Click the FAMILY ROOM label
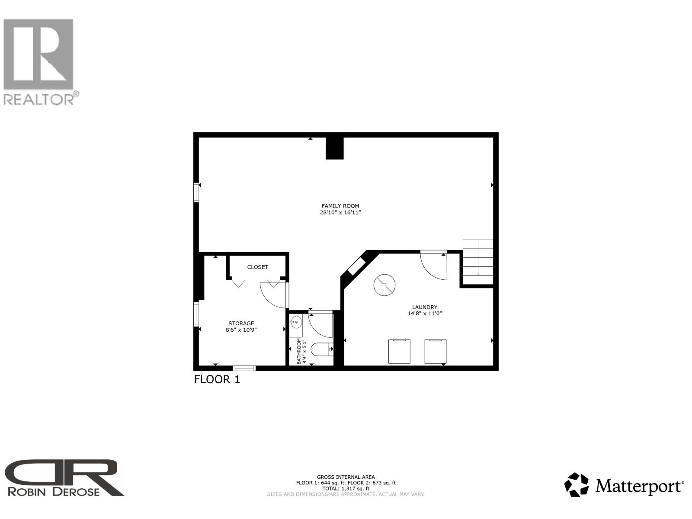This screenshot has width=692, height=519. point(340,206)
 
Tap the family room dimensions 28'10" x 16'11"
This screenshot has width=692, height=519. point(340,213)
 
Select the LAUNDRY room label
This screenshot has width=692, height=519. point(424,307)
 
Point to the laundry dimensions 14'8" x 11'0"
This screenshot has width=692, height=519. point(424,314)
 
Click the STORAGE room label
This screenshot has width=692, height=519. point(241,323)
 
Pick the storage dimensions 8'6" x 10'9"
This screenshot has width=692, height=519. point(241,330)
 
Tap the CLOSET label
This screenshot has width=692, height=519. point(257,267)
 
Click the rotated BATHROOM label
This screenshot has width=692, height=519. point(299,351)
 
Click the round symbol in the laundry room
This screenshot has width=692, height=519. point(384,285)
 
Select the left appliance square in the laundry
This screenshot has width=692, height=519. point(399,351)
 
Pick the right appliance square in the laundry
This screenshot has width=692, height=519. point(435,351)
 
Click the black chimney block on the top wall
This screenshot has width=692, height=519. point(334,148)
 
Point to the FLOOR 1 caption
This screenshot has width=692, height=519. point(217,380)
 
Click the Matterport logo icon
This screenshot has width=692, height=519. point(577,485)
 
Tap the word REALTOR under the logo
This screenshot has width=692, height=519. point(39,99)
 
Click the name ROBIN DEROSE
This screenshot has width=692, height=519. point(54,491)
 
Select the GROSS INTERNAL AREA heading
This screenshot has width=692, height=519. point(346,477)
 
